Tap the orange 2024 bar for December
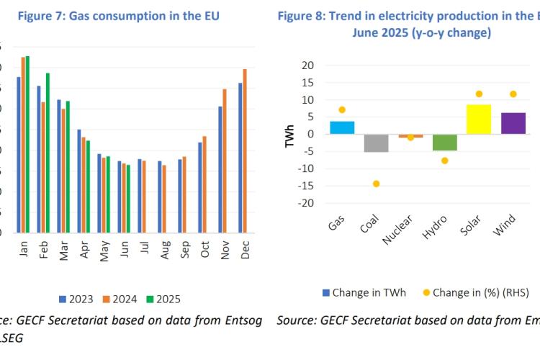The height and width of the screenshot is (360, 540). pos(245,151)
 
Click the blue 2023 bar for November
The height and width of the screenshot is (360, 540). pos(220,170)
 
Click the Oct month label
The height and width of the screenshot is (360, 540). pos(204,249)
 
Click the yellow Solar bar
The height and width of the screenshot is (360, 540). pos(479,119)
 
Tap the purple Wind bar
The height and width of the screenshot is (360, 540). pos(513,123)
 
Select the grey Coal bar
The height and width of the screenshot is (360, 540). pos(375,143)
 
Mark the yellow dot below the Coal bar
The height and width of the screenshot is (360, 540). pos(376,184)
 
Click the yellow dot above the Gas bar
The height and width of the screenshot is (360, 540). pos(342,109)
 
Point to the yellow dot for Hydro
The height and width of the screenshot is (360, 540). pos(445,161)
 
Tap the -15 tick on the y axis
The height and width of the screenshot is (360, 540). pos(307,186)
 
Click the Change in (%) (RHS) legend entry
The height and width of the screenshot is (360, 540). pos(476,292)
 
